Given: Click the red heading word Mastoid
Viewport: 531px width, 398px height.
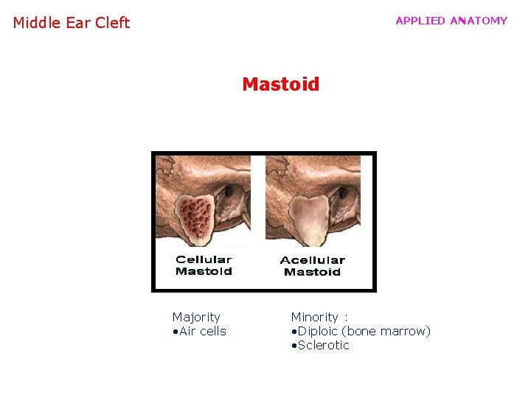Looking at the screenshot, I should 281,84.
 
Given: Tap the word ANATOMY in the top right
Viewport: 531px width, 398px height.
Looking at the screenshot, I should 479,21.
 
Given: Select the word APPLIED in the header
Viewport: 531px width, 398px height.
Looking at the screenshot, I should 420,21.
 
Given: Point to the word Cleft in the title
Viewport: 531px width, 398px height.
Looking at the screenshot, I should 112,23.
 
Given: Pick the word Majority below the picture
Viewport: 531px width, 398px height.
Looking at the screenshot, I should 196,317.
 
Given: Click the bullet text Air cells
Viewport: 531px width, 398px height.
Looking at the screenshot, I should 202,331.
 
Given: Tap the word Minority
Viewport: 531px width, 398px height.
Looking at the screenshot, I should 314,317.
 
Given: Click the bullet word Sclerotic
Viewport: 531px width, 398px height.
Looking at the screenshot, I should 323,345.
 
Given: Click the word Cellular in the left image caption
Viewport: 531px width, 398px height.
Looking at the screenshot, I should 204,259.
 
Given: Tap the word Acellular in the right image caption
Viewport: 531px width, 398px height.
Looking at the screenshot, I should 312,260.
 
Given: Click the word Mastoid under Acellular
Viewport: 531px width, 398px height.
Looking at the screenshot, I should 312,272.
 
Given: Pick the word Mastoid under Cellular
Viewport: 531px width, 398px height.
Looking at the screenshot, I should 204,271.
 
